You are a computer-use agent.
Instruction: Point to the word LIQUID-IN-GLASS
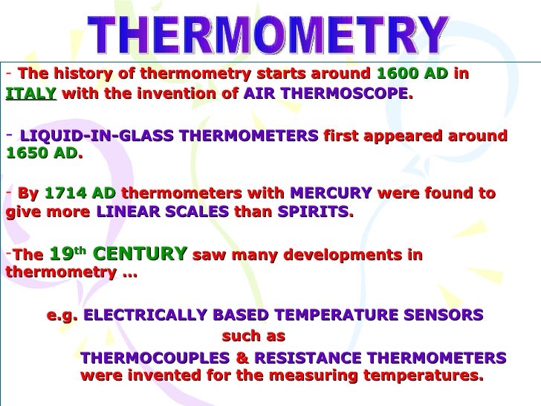[x=78, y=137]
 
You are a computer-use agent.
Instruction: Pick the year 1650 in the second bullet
[x=27, y=155]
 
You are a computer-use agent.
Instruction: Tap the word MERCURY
[x=331, y=193]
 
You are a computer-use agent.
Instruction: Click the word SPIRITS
[x=312, y=211]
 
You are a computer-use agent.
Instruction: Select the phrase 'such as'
[x=253, y=335]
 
